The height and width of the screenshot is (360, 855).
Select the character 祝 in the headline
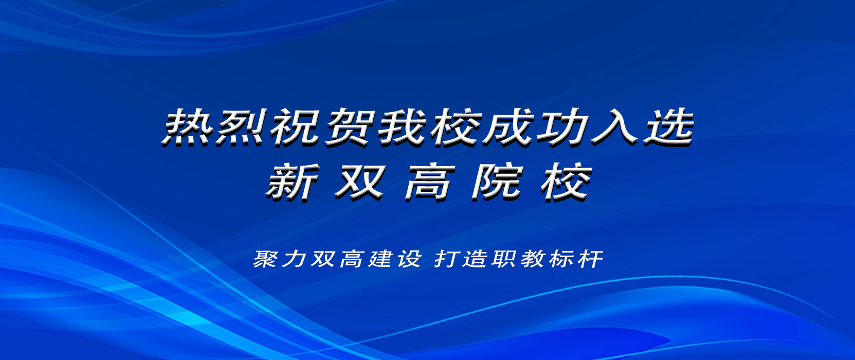click(x=294, y=127)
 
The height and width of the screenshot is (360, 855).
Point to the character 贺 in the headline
click(x=348, y=127)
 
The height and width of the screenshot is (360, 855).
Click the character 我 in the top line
click(x=402, y=127)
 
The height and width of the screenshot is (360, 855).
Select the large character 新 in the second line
click(x=292, y=182)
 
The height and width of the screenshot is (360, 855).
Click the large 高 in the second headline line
click(x=430, y=182)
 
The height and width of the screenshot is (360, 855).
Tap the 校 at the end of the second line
click(x=566, y=182)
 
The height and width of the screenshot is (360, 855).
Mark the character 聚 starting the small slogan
click(x=266, y=259)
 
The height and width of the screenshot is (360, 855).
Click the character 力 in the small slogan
click(x=295, y=259)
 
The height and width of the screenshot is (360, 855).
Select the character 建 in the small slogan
click(x=380, y=259)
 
